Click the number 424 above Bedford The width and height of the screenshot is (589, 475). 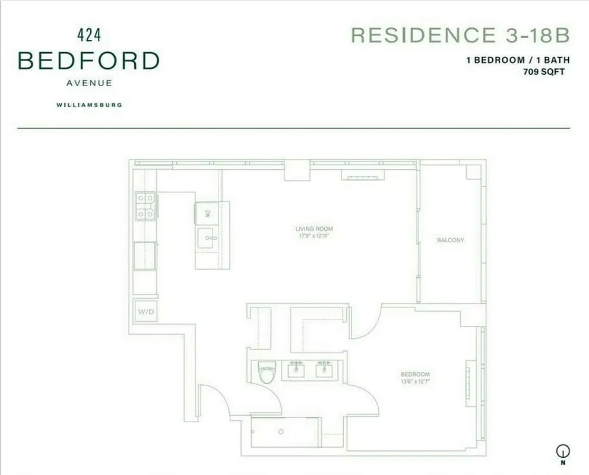(89, 35)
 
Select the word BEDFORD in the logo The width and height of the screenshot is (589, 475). (89, 61)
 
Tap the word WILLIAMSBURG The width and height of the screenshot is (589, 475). (89, 105)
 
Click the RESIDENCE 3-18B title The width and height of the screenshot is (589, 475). (460, 35)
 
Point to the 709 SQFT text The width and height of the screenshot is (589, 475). (544, 72)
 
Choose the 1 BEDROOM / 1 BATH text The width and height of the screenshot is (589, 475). (518, 61)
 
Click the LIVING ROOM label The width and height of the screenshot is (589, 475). (314, 229)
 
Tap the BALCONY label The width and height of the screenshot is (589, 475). (450, 240)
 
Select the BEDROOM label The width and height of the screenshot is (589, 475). (415, 374)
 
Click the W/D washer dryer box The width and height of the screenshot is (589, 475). (145, 311)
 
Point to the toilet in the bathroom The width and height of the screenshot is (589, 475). (267, 373)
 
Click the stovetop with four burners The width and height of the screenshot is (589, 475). (145, 205)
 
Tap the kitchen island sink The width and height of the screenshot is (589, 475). (207, 239)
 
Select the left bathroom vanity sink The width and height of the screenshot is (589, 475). (296, 370)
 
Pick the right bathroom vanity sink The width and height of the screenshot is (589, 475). (324, 370)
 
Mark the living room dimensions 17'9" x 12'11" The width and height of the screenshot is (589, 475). (314, 236)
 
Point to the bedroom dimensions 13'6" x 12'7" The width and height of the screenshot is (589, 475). (415, 381)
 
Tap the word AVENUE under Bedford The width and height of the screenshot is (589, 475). (89, 83)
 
